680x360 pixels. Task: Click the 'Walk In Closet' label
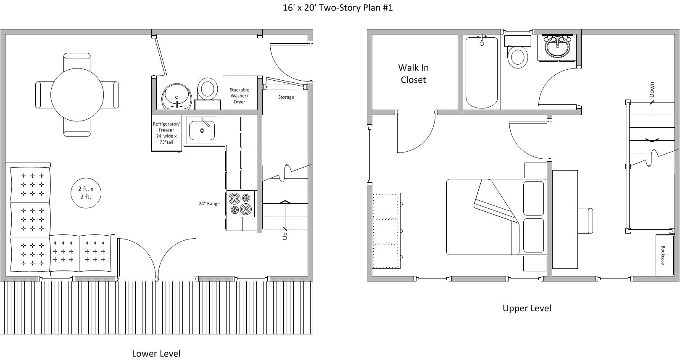(x=413, y=74)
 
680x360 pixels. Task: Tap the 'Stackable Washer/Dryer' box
(x=239, y=96)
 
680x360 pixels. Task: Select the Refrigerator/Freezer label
(x=166, y=133)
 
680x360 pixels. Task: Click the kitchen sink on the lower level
(x=202, y=130)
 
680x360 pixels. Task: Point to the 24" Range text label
(x=209, y=204)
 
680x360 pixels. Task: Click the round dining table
(x=77, y=95)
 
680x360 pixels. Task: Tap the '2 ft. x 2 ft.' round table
(x=86, y=193)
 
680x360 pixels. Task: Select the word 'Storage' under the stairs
(x=286, y=97)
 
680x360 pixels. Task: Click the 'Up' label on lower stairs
(x=285, y=236)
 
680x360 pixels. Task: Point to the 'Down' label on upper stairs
(x=651, y=89)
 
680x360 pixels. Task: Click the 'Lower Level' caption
(x=156, y=353)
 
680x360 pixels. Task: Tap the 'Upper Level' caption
(x=527, y=308)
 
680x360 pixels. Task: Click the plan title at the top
(x=337, y=8)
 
